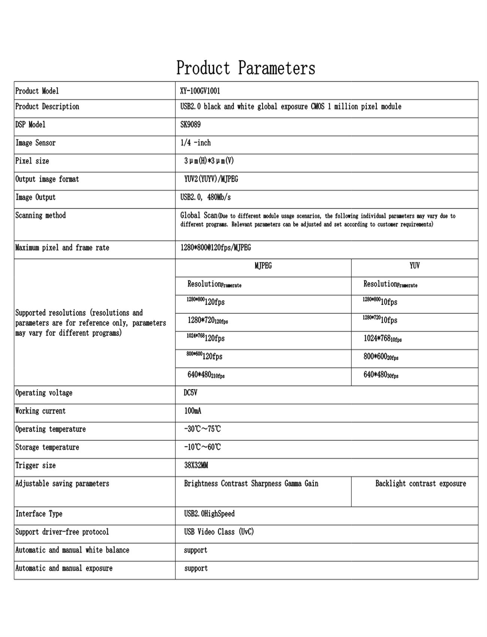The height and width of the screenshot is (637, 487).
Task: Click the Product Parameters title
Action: [246, 68]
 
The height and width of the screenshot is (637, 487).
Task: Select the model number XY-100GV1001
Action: [200, 91]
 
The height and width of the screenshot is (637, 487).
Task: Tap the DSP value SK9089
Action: [190, 124]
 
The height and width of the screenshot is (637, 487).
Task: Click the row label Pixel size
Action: [32, 161]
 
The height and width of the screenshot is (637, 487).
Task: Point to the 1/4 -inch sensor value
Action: [196, 143]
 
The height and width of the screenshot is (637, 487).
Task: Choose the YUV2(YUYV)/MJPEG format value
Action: [211, 179]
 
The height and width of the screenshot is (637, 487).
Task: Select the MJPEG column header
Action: [263, 266]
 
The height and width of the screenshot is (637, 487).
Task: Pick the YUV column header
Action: [414, 266]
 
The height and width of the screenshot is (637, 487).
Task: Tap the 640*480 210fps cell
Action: [206, 375]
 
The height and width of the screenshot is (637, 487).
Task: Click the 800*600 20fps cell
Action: [381, 357]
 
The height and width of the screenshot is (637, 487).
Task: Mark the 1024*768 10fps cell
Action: [382, 338]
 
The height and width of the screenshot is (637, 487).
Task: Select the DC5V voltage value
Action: [191, 393]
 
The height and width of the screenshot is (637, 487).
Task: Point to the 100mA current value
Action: [193, 411]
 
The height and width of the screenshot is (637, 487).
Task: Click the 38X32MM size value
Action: [196, 465]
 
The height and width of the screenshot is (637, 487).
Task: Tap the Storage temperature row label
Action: [47, 447]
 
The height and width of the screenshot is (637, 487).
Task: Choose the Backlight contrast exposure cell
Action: [420, 484]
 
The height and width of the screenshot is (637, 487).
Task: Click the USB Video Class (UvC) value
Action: [219, 532]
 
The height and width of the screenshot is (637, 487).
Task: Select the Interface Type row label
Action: [39, 514]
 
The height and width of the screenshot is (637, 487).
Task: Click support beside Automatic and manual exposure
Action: [196, 568]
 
